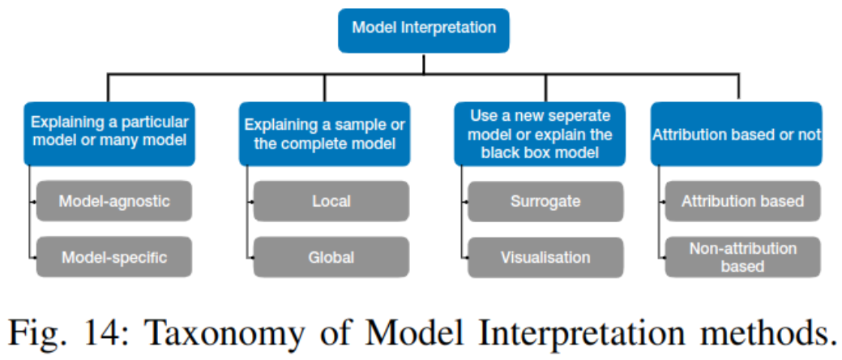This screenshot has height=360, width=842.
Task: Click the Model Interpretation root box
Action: (x=423, y=30)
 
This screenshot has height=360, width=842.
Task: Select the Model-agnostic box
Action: (x=113, y=201)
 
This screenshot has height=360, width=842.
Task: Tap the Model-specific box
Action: (x=113, y=257)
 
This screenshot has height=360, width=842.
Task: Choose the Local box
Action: (x=331, y=201)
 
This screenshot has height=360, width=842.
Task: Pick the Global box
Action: (x=331, y=257)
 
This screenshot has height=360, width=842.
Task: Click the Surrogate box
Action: (x=545, y=201)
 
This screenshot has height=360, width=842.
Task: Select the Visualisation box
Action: (x=545, y=257)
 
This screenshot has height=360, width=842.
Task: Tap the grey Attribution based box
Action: (x=742, y=201)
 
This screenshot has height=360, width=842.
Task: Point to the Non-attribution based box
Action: (x=742, y=257)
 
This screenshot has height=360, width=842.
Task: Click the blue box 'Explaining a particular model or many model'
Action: (x=109, y=133)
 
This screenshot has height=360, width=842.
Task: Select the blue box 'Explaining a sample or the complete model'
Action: (x=324, y=133)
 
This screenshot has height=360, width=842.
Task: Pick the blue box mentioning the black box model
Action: (x=540, y=133)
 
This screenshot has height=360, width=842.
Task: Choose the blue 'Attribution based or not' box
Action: (x=736, y=133)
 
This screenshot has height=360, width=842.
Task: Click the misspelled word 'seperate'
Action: (x=578, y=115)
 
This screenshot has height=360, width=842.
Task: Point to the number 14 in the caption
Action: (x=95, y=332)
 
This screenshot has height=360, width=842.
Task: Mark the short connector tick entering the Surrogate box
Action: (x=464, y=202)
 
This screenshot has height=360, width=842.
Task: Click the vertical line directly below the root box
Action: (x=423, y=63)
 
